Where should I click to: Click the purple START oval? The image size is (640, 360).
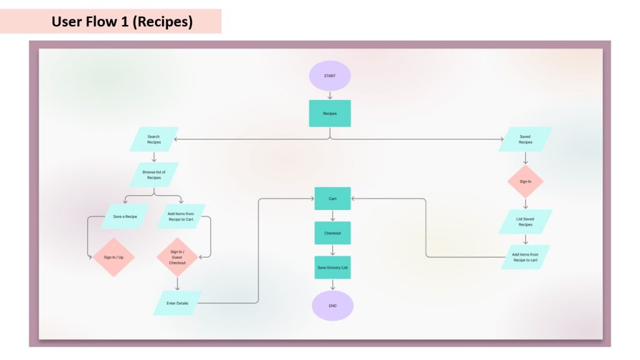pyautogui.click(x=329, y=76)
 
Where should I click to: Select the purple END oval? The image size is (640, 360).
pyautogui.click(x=332, y=306)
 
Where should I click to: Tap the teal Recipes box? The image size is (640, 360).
pyautogui.click(x=329, y=113)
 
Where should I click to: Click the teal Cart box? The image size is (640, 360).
pyautogui.click(x=332, y=199)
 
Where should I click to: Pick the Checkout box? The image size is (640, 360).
pyautogui.click(x=332, y=233)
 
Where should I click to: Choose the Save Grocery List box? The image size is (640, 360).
pyautogui.click(x=332, y=267)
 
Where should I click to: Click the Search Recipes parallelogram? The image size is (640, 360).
pyautogui.click(x=154, y=139)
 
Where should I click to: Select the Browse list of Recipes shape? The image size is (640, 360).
pyautogui.click(x=154, y=174)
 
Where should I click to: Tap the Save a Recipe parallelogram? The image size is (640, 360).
pyautogui.click(x=125, y=216)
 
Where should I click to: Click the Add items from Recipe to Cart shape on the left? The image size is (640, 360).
pyautogui.click(x=181, y=216)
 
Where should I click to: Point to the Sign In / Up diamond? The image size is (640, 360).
pyautogui.click(x=114, y=257)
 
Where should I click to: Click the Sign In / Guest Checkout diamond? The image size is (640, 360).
pyautogui.click(x=177, y=257)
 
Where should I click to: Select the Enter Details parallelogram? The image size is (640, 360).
pyautogui.click(x=177, y=303)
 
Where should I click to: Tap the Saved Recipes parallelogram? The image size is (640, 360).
pyautogui.click(x=526, y=139)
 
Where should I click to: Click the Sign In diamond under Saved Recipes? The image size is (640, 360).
pyautogui.click(x=526, y=182)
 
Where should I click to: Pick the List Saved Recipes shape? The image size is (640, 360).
pyautogui.click(x=526, y=221)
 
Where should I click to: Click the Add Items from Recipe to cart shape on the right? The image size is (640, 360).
pyautogui.click(x=526, y=257)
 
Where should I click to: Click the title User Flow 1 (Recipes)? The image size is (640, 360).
pyautogui.click(x=122, y=22)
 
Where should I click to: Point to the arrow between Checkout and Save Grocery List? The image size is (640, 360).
pyautogui.click(x=332, y=250)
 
